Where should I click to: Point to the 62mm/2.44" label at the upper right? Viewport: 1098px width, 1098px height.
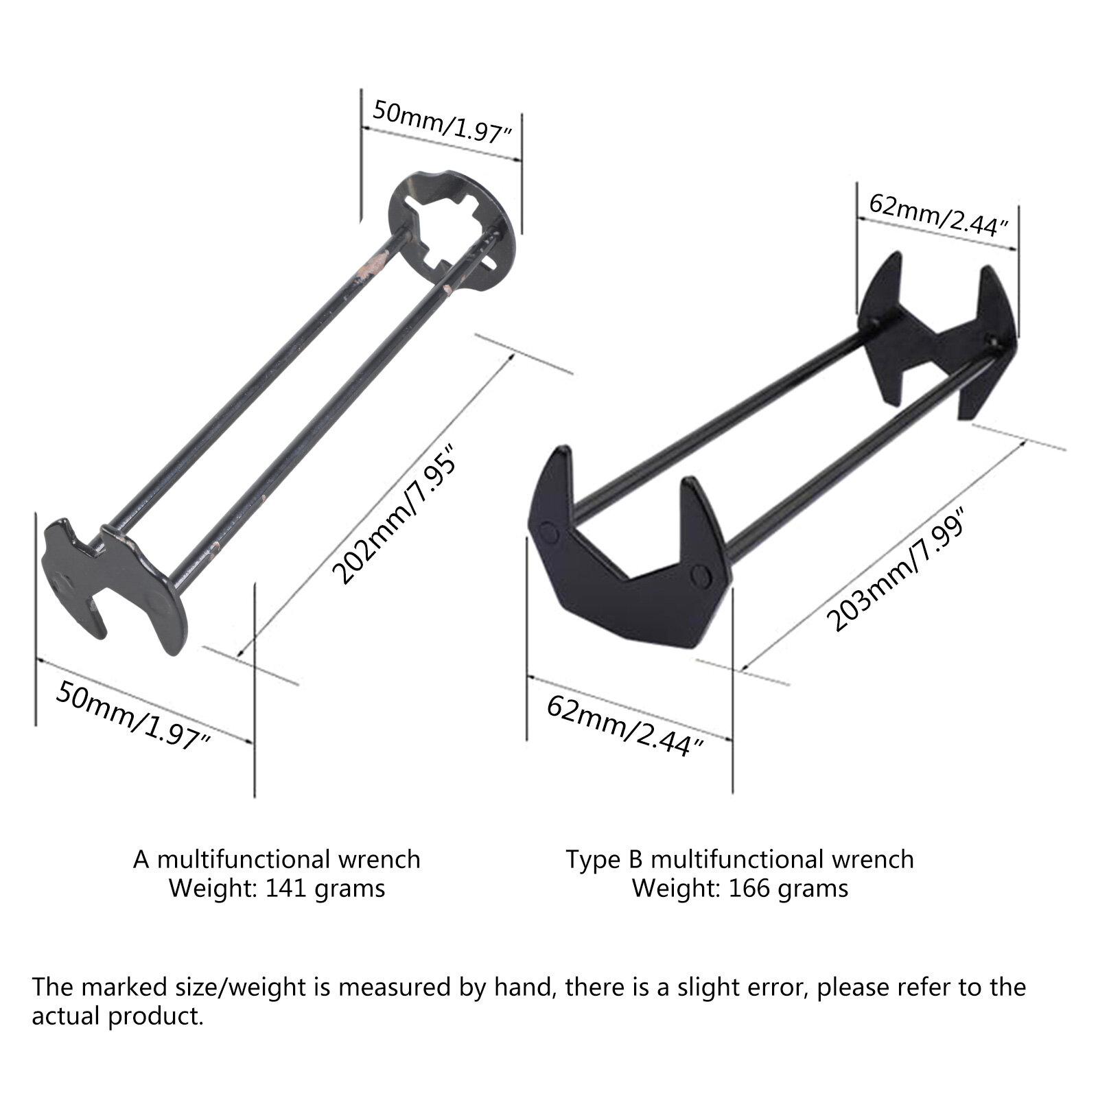pos(938,215)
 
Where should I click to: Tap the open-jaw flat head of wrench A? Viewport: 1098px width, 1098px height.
pos(115,585)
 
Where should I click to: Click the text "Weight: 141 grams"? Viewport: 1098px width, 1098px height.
pos(277,888)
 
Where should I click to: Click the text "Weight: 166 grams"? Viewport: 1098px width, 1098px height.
pos(740,888)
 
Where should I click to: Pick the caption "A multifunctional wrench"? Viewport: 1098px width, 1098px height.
pos(277,858)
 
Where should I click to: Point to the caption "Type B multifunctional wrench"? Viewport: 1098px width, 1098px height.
pos(740,858)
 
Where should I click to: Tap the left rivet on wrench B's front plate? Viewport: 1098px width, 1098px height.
pos(550,532)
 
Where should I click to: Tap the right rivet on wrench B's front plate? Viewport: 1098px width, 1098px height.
pos(699,574)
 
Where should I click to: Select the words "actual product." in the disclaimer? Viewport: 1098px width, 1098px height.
pos(118,1016)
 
